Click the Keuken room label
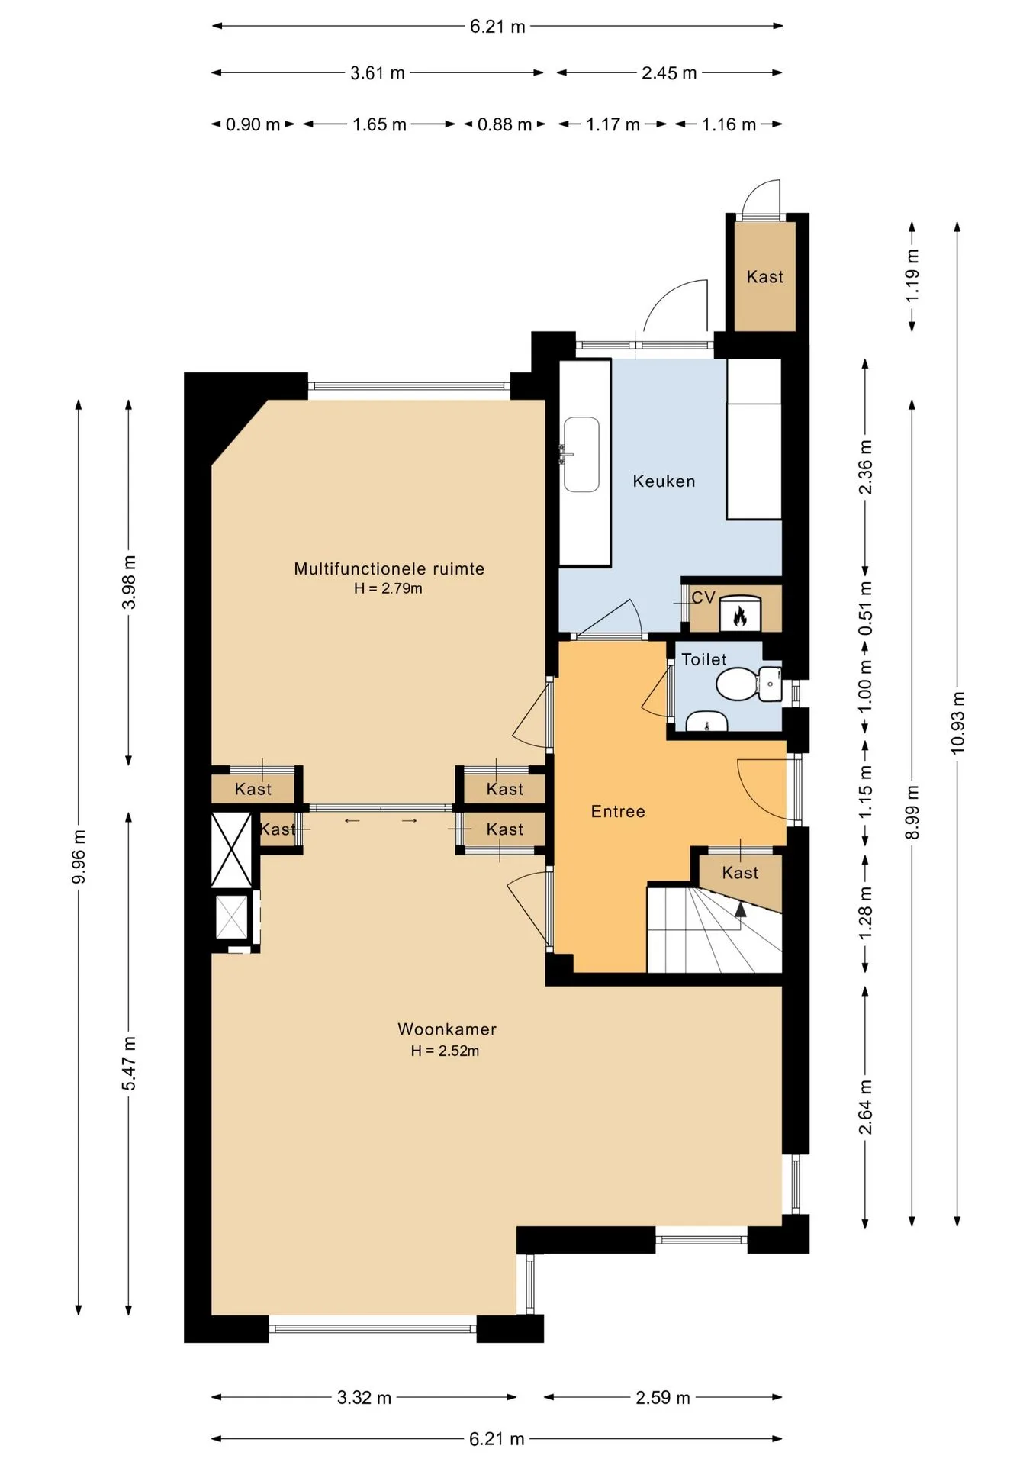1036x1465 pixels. [664, 481]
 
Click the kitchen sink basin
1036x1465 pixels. [581, 455]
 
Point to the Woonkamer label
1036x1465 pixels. [447, 1029]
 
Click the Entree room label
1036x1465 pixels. [618, 812]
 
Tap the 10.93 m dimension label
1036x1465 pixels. [958, 723]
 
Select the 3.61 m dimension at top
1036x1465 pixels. [378, 73]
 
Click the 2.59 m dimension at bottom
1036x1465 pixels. [663, 1397]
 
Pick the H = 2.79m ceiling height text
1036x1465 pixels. [388, 588]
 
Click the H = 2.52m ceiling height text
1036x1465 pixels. [446, 1051]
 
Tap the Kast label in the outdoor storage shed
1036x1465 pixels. [765, 277]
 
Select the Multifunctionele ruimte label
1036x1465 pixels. [389, 568]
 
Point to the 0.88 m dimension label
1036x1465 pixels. [504, 124]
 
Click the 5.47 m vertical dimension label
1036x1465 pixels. [130, 1063]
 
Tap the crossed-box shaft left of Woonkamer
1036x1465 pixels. [231, 850]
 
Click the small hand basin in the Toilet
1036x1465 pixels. [706, 721]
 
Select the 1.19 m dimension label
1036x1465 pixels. [912, 275]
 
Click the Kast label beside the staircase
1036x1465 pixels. [740, 873]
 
